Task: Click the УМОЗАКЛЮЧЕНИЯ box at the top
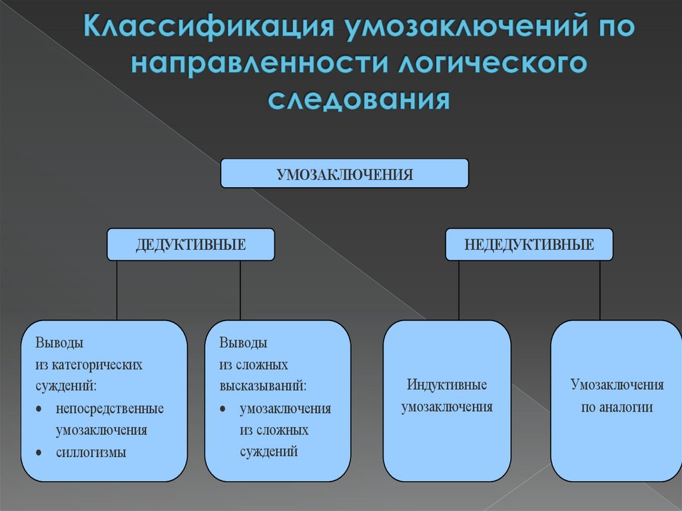(344, 173)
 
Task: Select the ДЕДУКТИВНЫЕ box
(190, 245)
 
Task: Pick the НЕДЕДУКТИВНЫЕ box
(529, 245)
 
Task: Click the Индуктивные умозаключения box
(447, 400)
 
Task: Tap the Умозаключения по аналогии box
(616, 400)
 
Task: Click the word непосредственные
(110, 408)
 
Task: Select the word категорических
(98, 365)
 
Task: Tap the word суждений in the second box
(268, 452)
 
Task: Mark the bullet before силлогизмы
(41, 453)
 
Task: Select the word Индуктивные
(447, 385)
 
